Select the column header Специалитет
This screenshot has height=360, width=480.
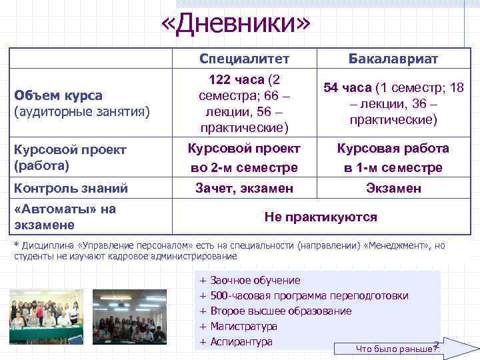pos(243,59)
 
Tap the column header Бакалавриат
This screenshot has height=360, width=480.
pos(393,59)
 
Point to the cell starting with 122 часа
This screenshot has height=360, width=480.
pos(244,103)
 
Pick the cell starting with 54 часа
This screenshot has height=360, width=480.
pos(393,103)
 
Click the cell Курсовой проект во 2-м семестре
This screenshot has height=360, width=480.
pos(244,157)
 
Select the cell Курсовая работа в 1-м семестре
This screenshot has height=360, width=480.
pos(393,157)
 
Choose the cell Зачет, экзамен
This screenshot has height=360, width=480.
pos(244,188)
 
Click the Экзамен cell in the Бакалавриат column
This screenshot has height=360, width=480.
pos(393,188)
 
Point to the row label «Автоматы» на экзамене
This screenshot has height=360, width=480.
pos(65,217)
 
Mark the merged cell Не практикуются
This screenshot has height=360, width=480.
pos(321,217)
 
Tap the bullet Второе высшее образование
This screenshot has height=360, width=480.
pos(280,311)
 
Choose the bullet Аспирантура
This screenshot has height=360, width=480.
pos(241,342)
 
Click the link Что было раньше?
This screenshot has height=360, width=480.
pos(397,348)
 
